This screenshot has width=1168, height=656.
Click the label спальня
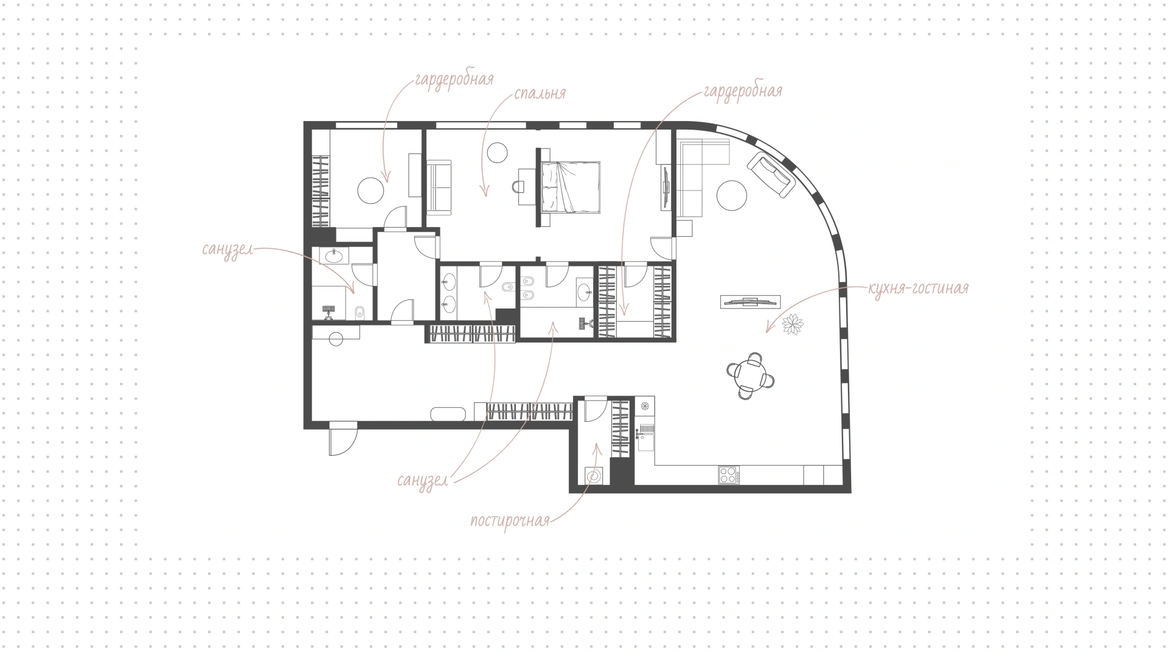[540, 93]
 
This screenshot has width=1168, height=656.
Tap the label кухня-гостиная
[918, 288]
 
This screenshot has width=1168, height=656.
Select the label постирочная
[510, 521]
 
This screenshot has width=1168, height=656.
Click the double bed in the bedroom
[570, 187]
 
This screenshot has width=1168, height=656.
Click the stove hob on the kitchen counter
[729, 475]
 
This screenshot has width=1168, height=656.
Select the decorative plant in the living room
[793, 324]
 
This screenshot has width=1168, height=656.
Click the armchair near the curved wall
[771, 175]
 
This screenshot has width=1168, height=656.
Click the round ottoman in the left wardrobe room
[370, 190]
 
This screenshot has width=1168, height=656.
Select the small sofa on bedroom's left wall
[439, 187]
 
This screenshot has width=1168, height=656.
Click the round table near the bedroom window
[498, 152]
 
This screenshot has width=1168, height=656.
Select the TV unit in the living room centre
[750, 301]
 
